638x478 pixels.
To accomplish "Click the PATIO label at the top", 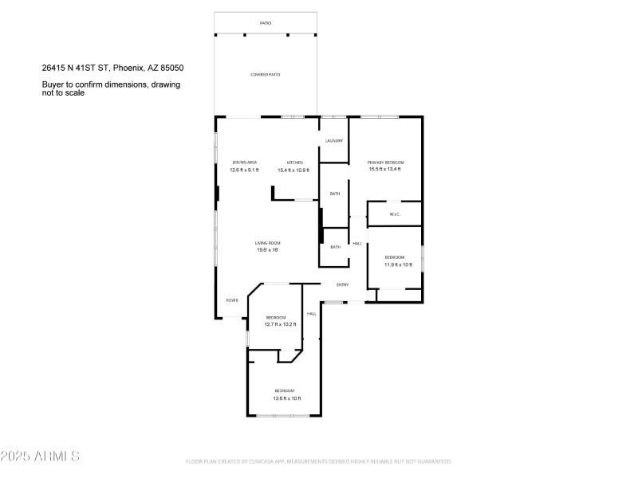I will (266, 23).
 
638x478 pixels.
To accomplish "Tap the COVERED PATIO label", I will (266, 75).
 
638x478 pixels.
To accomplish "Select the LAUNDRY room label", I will (333, 141).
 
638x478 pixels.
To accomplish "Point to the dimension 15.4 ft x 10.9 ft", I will (293, 170).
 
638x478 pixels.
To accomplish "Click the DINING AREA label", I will (244, 163).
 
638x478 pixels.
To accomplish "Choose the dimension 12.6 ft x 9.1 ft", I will (244, 170).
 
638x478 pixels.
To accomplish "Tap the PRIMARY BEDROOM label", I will (385, 163).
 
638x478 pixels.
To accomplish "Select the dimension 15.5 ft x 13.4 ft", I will (385, 169).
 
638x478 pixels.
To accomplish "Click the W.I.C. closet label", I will (394, 214).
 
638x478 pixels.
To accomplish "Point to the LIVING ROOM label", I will (267, 243).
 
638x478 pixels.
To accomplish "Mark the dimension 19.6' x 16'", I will (267, 250).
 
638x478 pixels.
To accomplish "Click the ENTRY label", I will (343, 284).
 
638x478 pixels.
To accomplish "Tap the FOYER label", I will (232, 300).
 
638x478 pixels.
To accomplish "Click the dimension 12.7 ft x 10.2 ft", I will (281, 324).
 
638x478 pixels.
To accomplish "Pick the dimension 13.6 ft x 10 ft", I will (286, 398).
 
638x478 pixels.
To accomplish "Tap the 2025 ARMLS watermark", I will (40, 456).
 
